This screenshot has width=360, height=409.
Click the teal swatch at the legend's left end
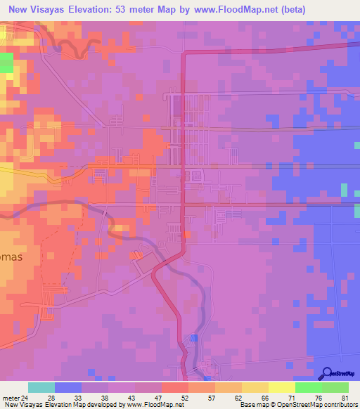pos(41,387)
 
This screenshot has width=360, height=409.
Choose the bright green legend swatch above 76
pos(309,387)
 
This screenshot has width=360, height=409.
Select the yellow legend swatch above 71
pos(282,387)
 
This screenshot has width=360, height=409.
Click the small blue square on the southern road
pos(194,338)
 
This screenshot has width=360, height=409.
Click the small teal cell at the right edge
pos(344,190)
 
